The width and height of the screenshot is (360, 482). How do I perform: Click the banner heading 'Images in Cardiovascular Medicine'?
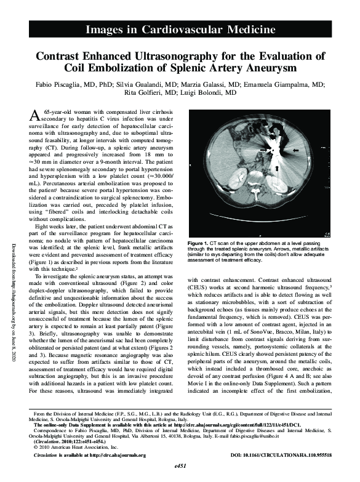click(x=180, y=29)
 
